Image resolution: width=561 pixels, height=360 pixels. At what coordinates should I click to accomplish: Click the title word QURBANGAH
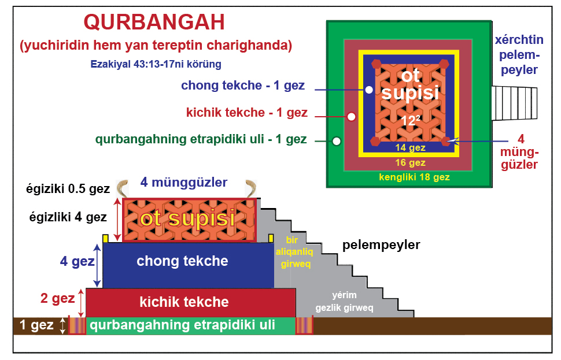pyautogui.click(x=154, y=22)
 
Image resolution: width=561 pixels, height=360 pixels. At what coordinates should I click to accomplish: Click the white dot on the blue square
pyautogui.click(x=369, y=90)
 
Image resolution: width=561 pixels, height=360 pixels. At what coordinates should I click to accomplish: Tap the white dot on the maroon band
pyautogui.click(x=351, y=117)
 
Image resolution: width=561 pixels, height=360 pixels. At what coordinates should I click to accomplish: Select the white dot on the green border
pyautogui.click(x=337, y=141)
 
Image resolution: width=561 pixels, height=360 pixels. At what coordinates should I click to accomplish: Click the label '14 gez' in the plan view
pyautogui.click(x=410, y=148)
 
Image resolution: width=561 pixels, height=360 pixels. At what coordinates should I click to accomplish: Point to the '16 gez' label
pyautogui.click(x=410, y=163)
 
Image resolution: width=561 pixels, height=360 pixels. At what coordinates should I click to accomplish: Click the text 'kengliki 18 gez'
pyautogui.click(x=414, y=177)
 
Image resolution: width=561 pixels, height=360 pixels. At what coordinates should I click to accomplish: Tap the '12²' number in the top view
pyautogui.click(x=410, y=121)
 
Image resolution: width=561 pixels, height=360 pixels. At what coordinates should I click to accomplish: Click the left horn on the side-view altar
pyautogui.click(x=123, y=188)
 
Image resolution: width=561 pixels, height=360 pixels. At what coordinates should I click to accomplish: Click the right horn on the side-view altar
pyautogui.click(x=251, y=188)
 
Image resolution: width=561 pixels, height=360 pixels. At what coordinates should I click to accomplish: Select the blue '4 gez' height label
pyautogui.click(x=77, y=261)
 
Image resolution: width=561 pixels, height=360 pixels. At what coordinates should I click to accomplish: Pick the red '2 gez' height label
pyautogui.click(x=58, y=298)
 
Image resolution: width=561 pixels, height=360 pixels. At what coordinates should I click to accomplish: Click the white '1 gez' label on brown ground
pyautogui.click(x=36, y=325)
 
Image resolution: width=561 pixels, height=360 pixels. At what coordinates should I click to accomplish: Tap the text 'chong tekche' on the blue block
pyautogui.click(x=182, y=261)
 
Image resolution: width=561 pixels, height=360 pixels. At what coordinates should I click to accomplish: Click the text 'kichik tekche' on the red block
pyautogui.click(x=184, y=302)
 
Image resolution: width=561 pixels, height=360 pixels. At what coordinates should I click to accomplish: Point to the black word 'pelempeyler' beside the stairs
pyautogui.click(x=381, y=245)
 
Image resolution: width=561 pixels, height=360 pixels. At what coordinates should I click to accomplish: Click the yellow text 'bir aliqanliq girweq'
pyautogui.click(x=294, y=252)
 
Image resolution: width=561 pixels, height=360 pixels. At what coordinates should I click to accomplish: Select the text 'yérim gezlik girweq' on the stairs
pyautogui.click(x=344, y=302)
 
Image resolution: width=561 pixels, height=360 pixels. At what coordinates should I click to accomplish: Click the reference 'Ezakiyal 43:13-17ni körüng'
pyautogui.click(x=156, y=64)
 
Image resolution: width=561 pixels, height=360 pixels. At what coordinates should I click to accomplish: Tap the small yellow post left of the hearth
pyautogui.click(x=105, y=239)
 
